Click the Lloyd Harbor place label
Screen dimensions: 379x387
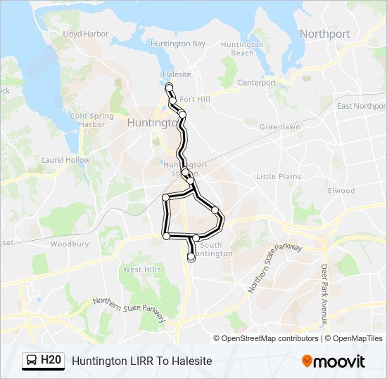pos(86,34)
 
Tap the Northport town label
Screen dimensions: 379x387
pos(324,34)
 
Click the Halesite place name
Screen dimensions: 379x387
pos(176,74)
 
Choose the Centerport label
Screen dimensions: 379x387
pos(257,82)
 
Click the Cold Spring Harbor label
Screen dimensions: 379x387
pos(87,120)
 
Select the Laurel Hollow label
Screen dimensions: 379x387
pos(66,160)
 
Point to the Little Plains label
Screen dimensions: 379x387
pos(278,176)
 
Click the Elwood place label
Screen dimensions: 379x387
pos(341,190)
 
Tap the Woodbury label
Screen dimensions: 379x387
pos(69,244)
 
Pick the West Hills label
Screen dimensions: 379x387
pos(141,270)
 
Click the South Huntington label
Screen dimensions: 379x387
pos(210,249)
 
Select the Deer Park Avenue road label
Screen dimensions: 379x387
pos(325,293)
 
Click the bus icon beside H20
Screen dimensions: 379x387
pos(32,361)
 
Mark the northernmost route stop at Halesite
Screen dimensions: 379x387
pos(169,86)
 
